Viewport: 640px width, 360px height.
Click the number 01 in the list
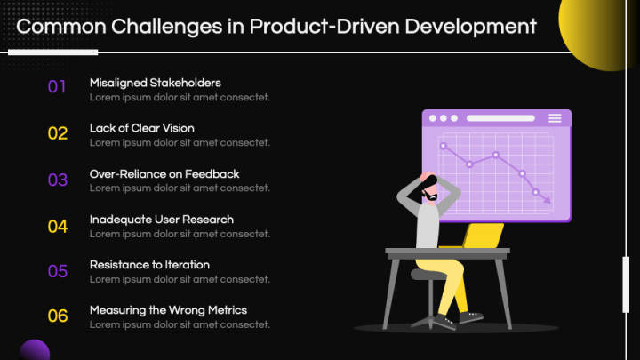tap(57, 87)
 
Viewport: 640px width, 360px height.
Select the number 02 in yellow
tap(57, 133)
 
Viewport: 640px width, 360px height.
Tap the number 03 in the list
tap(57, 180)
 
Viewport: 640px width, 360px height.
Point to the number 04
tap(57, 226)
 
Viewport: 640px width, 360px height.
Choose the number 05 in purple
tap(57, 271)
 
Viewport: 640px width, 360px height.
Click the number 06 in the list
tap(57, 316)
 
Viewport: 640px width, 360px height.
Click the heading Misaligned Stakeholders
tap(155, 83)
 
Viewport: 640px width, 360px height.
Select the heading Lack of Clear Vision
tap(141, 128)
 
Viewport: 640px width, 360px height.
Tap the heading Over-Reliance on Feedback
tap(164, 174)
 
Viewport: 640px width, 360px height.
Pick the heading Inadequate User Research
tap(161, 220)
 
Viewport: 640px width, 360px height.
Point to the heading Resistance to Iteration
tap(149, 265)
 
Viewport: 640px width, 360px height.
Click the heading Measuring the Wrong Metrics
tap(168, 310)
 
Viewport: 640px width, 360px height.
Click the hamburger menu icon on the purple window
tap(555, 118)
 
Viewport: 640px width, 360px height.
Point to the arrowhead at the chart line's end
tap(546, 201)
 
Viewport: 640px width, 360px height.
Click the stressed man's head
tap(430, 186)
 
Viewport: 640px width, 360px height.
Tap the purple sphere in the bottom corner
tap(33, 350)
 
